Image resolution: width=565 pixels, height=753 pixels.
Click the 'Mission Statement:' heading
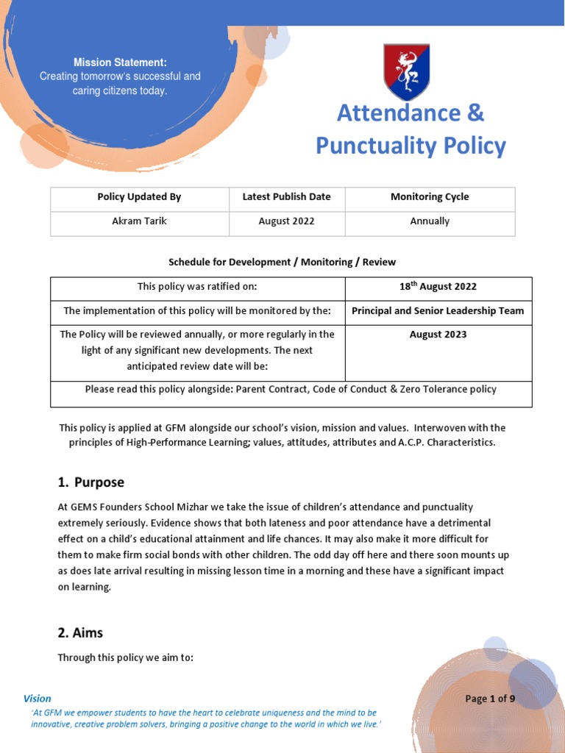point(120,63)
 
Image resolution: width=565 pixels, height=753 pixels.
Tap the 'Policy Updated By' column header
point(139,197)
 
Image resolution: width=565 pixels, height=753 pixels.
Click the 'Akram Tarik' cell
point(139,221)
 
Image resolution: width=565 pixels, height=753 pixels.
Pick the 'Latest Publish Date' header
point(286,197)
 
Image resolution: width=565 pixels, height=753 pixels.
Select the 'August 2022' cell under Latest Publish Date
point(286,221)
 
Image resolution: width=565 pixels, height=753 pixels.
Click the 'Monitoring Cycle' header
point(430,197)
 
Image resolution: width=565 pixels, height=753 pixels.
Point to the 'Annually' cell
point(430,221)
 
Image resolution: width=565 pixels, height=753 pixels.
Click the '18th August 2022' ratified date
point(438,287)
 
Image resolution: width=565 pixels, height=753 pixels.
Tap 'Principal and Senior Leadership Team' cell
point(438,311)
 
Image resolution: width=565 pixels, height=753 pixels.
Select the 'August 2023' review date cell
point(438,335)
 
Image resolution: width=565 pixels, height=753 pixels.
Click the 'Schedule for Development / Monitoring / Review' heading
point(282,262)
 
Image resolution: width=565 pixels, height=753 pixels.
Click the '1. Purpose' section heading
point(91,482)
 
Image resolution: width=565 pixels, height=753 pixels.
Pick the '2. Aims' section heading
point(80,632)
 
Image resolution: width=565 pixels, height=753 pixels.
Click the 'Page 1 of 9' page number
point(490,699)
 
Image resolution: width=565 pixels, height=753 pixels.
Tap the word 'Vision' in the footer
point(38,699)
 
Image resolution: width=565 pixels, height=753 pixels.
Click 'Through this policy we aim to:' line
point(125,658)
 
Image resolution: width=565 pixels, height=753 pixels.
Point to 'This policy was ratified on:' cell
point(197,287)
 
